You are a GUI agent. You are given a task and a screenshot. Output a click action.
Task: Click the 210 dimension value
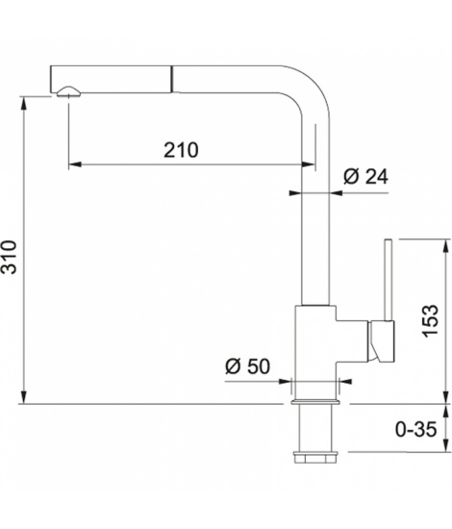click(x=181, y=150)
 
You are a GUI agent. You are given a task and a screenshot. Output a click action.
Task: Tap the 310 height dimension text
click(x=9, y=257)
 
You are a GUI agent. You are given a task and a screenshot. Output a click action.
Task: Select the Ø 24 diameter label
click(x=366, y=176)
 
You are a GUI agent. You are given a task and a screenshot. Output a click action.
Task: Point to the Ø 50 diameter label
click(x=248, y=366)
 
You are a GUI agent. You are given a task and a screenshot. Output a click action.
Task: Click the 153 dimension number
click(x=430, y=321)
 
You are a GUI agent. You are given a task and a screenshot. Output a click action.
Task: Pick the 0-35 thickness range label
click(x=415, y=429)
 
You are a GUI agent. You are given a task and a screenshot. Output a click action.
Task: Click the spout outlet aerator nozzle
click(x=69, y=91)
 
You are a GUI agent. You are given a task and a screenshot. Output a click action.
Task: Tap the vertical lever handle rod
click(x=388, y=280)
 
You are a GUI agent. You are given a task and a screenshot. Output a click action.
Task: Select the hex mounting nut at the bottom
click(x=315, y=457)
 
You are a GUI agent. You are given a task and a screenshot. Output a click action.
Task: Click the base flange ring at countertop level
click(x=315, y=402)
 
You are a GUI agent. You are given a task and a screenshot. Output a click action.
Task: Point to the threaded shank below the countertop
click(x=315, y=428)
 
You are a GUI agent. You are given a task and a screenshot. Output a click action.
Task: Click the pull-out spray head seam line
click(x=172, y=79)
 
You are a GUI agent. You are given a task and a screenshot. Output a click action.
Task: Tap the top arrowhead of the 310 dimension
click(x=24, y=104)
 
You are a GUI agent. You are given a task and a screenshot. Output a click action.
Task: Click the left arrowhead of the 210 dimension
click(x=75, y=164)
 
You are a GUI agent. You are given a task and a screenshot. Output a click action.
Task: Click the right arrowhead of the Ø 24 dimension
click(x=337, y=193)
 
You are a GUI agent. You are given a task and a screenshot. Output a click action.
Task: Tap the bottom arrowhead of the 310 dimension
click(x=24, y=397)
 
